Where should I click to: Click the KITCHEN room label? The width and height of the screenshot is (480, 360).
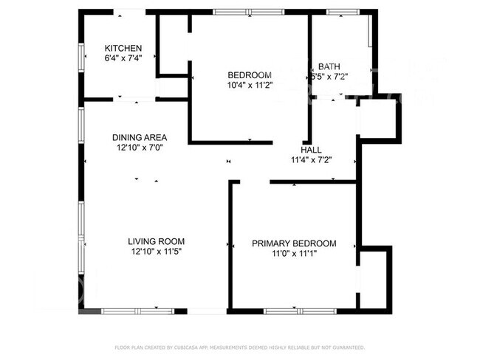pos(123,49)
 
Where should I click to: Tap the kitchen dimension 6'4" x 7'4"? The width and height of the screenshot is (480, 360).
pos(123,58)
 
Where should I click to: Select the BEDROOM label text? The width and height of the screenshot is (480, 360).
pos(250,75)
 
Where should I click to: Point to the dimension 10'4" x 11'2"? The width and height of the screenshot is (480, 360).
pos(250,85)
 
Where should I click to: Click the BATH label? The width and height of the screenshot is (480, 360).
pos(329,66)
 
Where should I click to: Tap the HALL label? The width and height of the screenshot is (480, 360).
pos(311,149)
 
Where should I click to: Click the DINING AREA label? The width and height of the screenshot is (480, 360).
pos(139,137)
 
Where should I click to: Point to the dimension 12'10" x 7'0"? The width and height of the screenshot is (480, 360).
pos(139,147)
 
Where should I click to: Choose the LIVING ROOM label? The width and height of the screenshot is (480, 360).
pos(156,241)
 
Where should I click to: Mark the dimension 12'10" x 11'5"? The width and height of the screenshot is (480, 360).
pos(156,252)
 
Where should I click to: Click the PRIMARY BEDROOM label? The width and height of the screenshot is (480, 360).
pos(294,243)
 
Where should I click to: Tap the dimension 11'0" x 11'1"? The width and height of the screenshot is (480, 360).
pos(294,254)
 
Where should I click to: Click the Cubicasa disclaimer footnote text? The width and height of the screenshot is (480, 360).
pos(239,347)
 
